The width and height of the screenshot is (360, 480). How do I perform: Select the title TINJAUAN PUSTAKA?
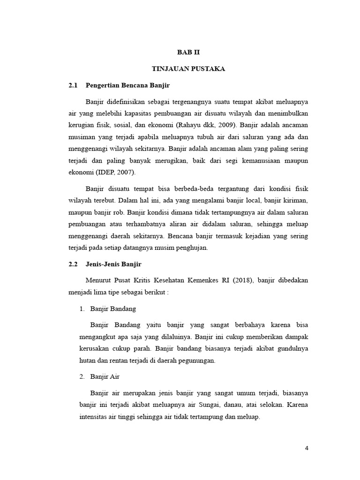coord(189,69)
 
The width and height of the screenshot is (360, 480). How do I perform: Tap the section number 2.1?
coord(73,86)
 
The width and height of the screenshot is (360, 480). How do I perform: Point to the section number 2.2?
coord(73,264)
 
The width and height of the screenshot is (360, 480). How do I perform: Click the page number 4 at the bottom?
coord(307,448)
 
